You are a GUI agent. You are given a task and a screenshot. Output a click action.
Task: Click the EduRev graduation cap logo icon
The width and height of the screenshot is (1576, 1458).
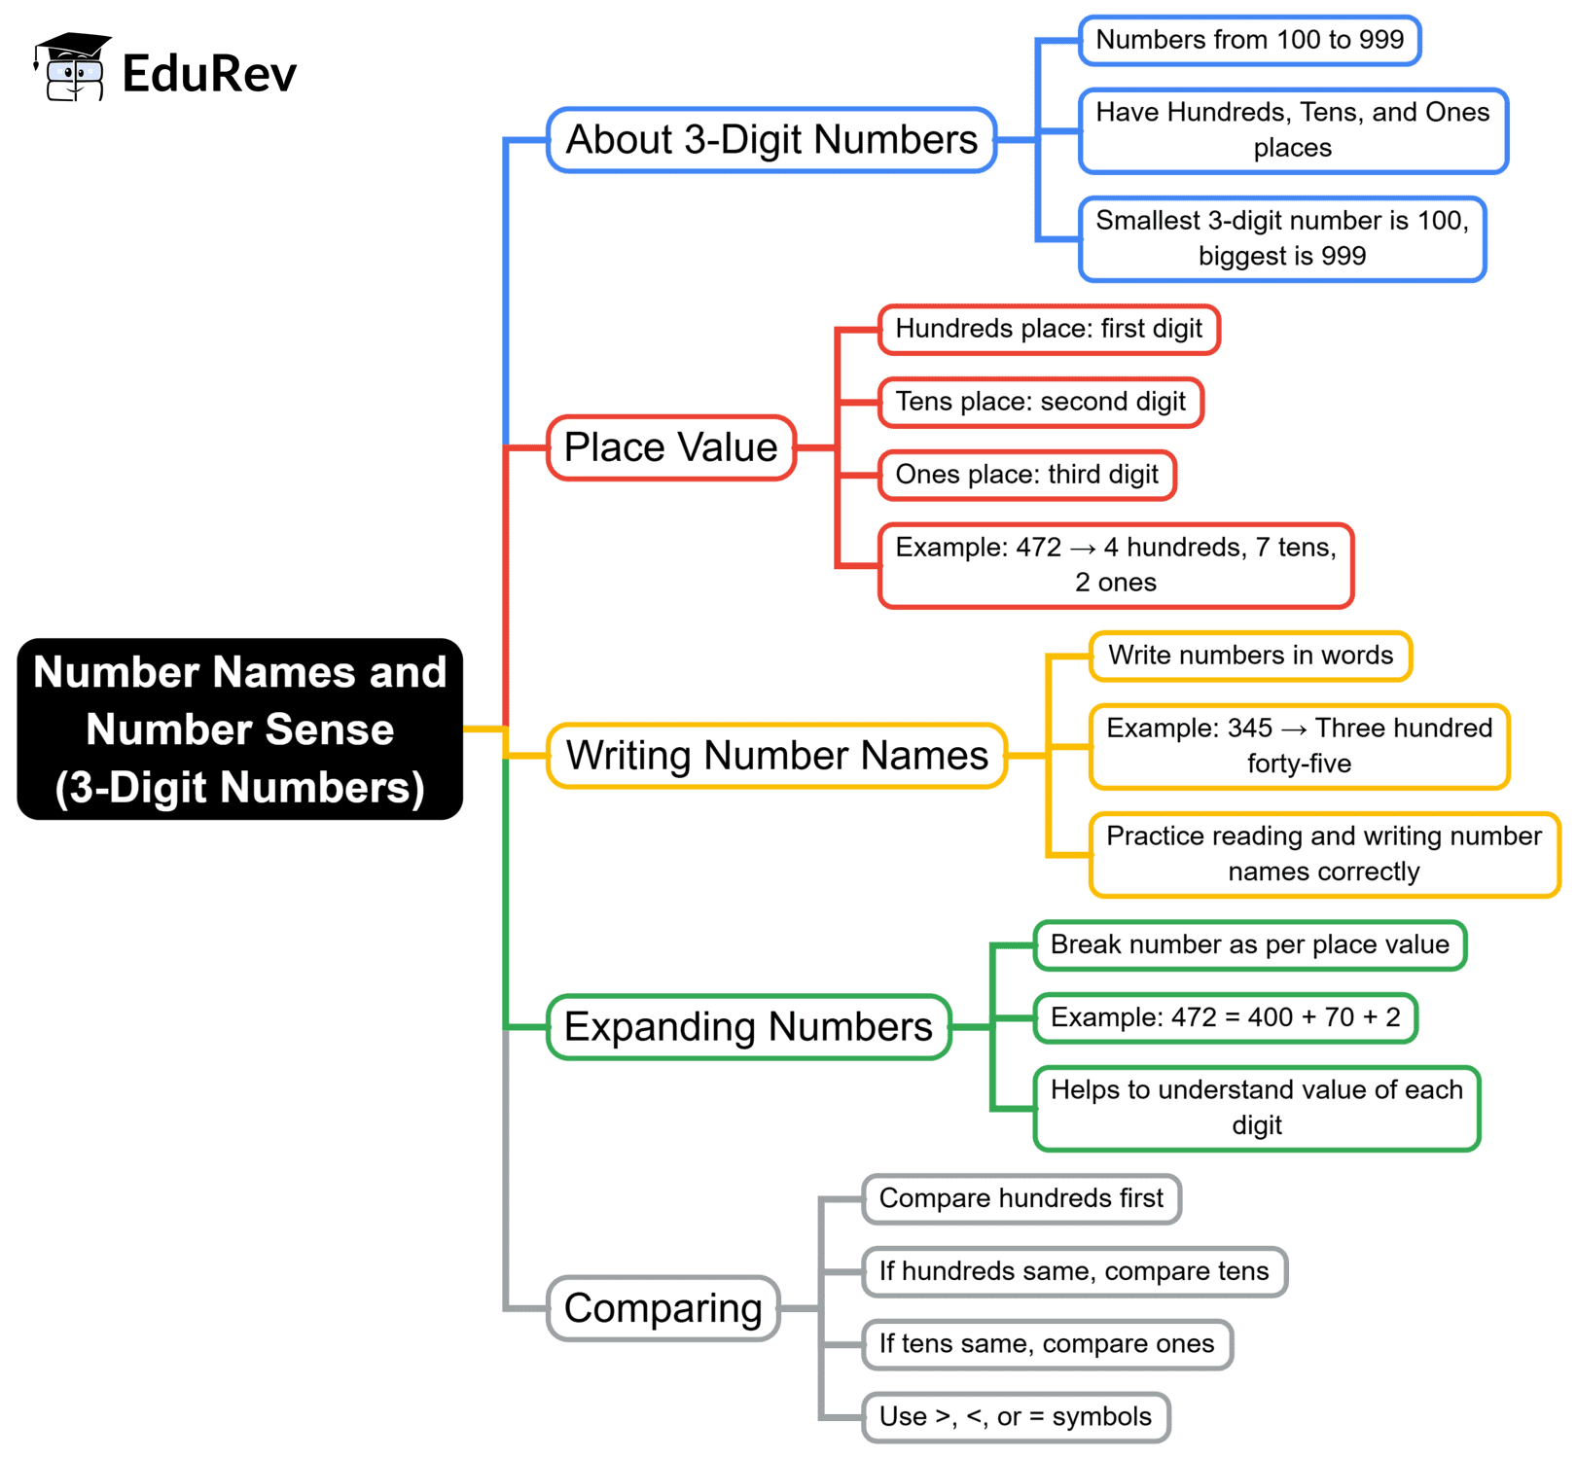coord(72,67)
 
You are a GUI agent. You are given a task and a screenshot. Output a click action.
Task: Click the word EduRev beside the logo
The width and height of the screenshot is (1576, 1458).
coord(209,74)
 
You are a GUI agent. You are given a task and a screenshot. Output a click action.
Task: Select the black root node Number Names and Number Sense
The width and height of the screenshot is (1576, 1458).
coord(239,729)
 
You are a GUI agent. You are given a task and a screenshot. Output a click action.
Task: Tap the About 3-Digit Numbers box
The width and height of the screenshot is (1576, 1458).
coord(771,140)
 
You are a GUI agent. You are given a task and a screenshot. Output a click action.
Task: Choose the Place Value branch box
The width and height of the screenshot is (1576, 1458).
coord(671,447)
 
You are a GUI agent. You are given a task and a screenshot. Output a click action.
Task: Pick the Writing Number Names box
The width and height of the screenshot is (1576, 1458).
coord(776,756)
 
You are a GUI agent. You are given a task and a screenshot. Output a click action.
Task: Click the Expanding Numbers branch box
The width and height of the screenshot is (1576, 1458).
coord(748,1027)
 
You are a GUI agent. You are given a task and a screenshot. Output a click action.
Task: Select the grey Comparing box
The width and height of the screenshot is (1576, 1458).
coord(663,1308)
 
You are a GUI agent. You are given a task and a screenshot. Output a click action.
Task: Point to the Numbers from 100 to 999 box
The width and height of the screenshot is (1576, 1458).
coord(1250,40)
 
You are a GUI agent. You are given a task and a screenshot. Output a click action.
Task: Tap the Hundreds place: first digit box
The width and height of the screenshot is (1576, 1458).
coord(1049,329)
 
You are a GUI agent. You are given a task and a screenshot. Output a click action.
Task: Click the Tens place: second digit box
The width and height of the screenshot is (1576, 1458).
coord(1040,402)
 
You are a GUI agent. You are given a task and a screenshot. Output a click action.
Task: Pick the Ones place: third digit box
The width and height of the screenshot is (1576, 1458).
coord(1026,475)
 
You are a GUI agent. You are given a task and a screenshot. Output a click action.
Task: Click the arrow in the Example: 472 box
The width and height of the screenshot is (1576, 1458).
coord(1083,549)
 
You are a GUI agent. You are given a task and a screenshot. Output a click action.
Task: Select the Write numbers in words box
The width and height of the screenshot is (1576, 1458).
coord(1250,656)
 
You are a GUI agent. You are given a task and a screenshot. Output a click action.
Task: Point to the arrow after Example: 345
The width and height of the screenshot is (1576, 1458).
coord(1294,729)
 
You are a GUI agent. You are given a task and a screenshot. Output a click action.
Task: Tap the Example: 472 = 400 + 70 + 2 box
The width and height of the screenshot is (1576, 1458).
coord(1225,1017)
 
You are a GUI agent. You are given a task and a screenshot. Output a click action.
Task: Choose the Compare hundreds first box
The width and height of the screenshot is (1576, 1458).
coord(1021,1198)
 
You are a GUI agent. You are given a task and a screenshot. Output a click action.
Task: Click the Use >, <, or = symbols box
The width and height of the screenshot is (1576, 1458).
coord(1015,1417)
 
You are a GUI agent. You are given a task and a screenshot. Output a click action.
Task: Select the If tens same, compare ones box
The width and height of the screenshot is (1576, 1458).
coord(1047,1344)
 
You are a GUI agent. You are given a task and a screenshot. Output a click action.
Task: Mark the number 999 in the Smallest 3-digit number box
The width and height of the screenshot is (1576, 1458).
coord(1343,256)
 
